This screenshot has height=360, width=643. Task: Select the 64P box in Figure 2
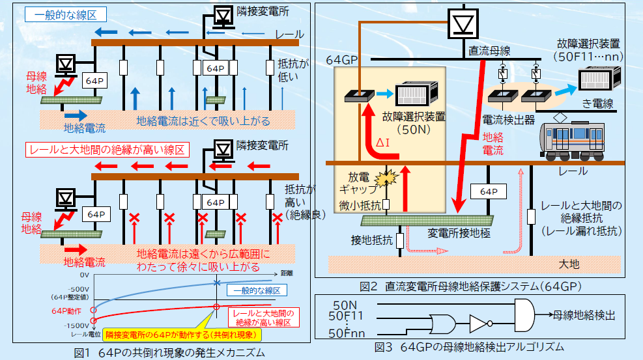[488, 192]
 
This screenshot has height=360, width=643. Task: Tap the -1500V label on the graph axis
[76, 325]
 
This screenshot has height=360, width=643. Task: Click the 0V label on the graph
[83, 275]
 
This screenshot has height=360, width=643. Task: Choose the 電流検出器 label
[509, 120]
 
